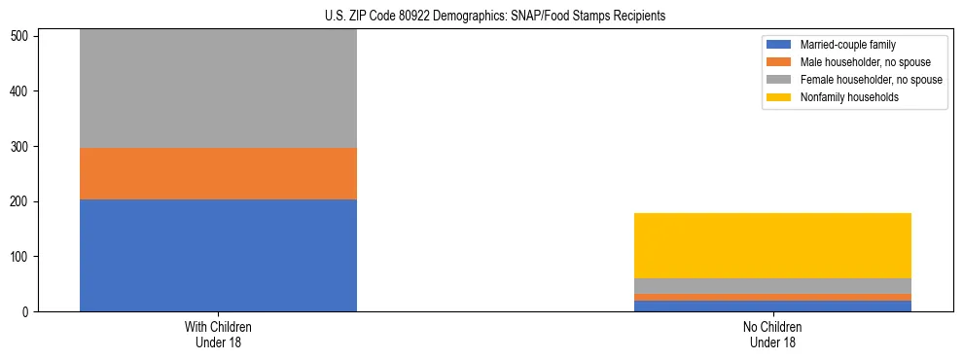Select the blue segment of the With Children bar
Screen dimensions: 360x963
click(x=218, y=255)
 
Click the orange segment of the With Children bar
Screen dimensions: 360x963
click(x=218, y=173)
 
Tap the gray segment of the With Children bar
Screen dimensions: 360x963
click(x=218, y=89)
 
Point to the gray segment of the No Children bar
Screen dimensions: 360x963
click(x=772, y=286)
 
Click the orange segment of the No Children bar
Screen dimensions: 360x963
click(x=772, y=297)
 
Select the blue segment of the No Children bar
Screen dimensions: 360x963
click(x=772, y=306)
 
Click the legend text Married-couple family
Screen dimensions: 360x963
click(x=847, y=45)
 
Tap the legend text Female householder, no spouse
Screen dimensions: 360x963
click(x=871, y=80)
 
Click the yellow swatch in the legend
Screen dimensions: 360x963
click(x=779, y=97)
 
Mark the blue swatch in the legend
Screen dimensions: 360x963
click(x=779, y=45)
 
